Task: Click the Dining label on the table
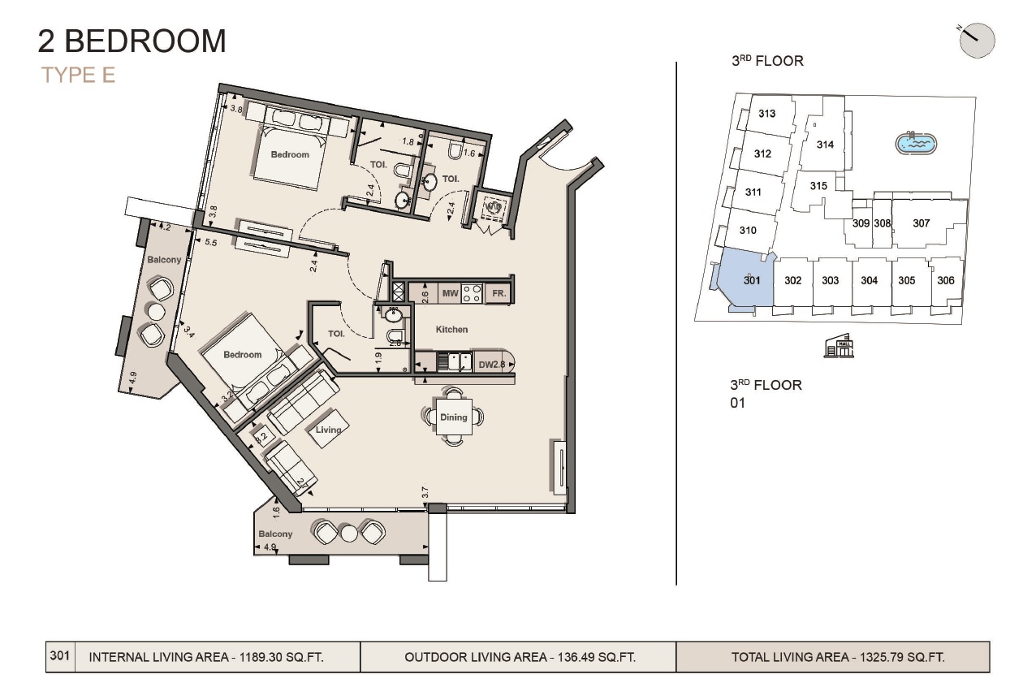point(454,417)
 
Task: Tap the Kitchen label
point(451,330)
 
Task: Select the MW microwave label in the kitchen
point(450,293)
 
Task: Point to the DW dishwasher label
point(486,365)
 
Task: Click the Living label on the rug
point(329,430)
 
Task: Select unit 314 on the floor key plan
point(825,145)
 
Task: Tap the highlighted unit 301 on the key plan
point(751,280)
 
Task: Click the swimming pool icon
point(917,144)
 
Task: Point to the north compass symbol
point(977,40)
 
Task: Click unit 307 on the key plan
point(921,223)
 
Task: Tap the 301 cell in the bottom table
point(60,656)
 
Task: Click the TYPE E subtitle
point(78,75)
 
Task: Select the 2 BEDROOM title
point(132,41)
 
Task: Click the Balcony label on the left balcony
point(164,260)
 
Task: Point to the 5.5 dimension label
point(210,242)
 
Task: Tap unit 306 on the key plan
point(945,280)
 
